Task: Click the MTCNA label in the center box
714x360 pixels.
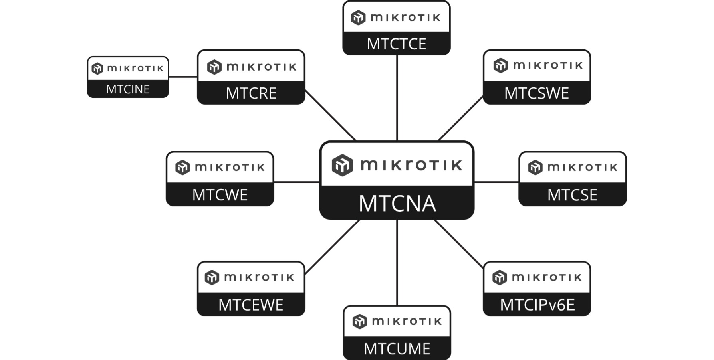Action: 397,203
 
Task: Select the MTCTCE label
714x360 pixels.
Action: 397,44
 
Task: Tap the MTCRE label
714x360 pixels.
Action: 251,93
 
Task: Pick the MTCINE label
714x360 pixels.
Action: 128,89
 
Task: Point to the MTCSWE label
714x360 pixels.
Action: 537,93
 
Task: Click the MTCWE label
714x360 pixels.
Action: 220,195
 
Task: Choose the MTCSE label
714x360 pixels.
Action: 572,195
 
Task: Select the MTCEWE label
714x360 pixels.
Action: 251,305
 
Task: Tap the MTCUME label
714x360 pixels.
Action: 397,349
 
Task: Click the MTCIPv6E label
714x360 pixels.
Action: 537,305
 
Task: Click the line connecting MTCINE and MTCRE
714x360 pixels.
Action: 183,77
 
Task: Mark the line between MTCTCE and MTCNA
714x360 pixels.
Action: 397,98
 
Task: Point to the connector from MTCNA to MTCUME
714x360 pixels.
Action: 397,262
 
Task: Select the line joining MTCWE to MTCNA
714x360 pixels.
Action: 297,182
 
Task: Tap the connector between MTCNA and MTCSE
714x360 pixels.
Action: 496,182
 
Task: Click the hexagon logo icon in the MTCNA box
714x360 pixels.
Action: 342,165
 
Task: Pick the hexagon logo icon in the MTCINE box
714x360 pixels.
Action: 97,69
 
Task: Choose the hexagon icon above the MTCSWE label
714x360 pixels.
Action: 500,65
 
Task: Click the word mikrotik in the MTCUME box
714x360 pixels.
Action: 407,322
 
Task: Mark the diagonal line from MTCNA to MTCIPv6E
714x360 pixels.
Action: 458,243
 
